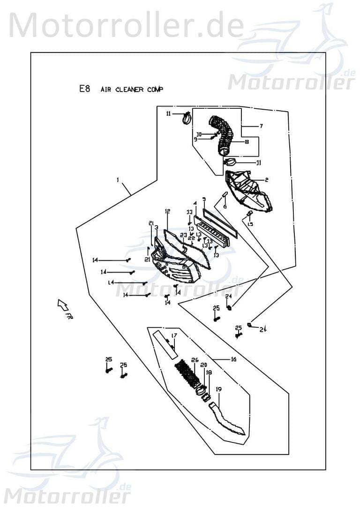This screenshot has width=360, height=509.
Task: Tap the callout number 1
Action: tap(118, 180)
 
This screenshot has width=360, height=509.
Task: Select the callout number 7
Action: tap(262, 126)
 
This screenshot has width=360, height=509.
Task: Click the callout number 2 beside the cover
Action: tap(266, 180)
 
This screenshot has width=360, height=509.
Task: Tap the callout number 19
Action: tap(218, 389)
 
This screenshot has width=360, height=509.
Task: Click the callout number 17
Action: tap(173, 335)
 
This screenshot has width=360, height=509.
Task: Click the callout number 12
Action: tap(167, 212)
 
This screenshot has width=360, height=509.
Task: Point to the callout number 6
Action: tap(225, 206)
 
